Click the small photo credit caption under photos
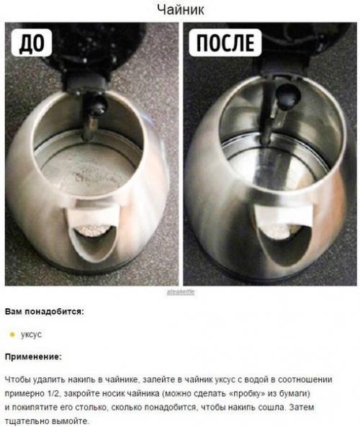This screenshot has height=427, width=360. tap(180, 292)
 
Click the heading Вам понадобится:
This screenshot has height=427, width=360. tap(44, 312)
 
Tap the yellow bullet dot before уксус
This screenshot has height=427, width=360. tap(12, 335)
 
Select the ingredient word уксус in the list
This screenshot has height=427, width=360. tap(31, 335)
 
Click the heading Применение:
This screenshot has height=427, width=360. tap(33, 356)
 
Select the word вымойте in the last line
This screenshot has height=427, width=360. tap(70, 421)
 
